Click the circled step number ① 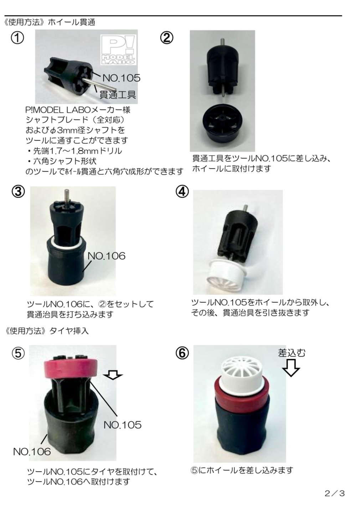[17, 38]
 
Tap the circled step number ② [166, 38]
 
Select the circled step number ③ [18, 192]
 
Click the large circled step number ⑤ [18, 353]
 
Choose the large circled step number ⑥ [182, 353]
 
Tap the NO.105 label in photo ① [122, 78]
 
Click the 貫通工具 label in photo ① [118, 94]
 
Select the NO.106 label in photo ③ [106, 256]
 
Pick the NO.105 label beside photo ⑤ [123, 425]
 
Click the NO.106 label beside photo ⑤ [32, 452]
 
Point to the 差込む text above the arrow [292, 353]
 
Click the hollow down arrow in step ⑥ [291, 368]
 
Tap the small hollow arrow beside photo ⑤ [113, 375]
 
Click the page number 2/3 [335, 493]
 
